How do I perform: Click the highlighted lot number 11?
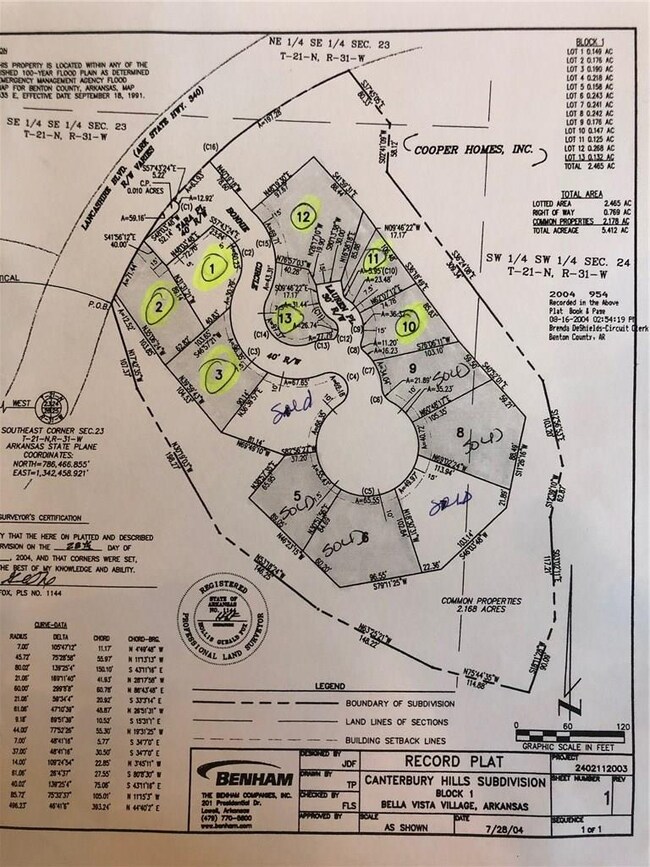[377, 255]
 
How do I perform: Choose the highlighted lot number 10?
[407, 322]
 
